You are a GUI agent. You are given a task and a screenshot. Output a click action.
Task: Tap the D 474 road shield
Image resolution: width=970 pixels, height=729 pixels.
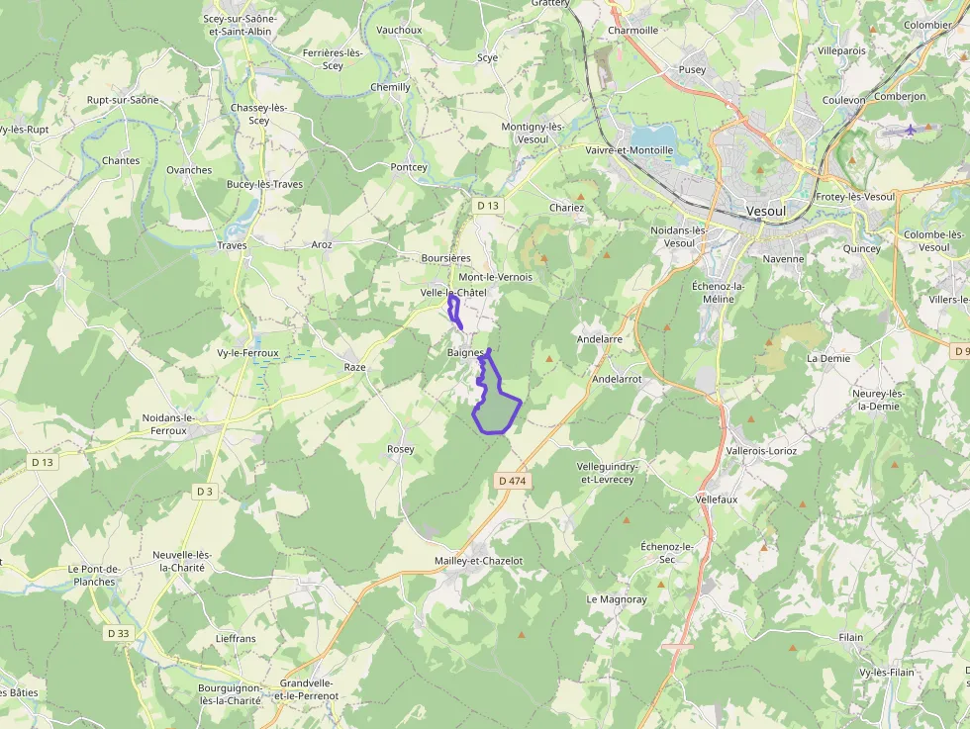[513, 481]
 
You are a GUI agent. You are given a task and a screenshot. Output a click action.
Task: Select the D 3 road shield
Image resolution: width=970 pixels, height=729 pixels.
[205, 492]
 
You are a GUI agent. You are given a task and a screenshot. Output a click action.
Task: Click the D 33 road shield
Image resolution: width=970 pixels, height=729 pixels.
[118, 633]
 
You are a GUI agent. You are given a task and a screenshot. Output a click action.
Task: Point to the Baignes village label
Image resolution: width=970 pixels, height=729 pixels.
[464, 352]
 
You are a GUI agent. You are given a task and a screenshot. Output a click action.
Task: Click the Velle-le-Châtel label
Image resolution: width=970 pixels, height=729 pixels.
[453, 293]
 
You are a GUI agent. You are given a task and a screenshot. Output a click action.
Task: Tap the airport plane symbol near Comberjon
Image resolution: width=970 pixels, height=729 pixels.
[911, 130]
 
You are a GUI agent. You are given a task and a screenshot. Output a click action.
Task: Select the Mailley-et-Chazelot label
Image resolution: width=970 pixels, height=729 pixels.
[478, 561]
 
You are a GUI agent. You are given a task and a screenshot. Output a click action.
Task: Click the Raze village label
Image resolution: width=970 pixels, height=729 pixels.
[354, 367]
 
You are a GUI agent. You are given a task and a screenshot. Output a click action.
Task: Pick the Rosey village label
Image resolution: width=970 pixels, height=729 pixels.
[401, 449]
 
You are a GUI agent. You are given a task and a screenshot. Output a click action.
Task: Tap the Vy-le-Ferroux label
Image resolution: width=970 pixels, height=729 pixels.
[247, 352]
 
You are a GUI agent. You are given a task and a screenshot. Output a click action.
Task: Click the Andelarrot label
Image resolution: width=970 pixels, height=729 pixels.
[617, 379]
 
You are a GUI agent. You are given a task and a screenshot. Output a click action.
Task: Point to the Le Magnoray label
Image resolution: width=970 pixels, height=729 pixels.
[616, 599]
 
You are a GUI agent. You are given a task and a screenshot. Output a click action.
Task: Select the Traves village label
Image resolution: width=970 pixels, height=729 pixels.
[232, 245]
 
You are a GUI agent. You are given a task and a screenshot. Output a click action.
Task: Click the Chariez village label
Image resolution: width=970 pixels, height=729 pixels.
[566, 208]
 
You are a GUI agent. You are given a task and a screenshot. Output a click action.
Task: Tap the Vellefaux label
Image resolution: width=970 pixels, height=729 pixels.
[717, 500]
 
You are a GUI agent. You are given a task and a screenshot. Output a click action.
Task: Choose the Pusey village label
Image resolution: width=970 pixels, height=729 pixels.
[692, 70]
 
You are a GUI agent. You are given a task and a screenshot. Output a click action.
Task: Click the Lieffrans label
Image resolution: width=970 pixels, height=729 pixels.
[236, 639]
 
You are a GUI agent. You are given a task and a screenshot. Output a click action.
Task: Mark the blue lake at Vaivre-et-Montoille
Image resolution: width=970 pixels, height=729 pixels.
[652, 135]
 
